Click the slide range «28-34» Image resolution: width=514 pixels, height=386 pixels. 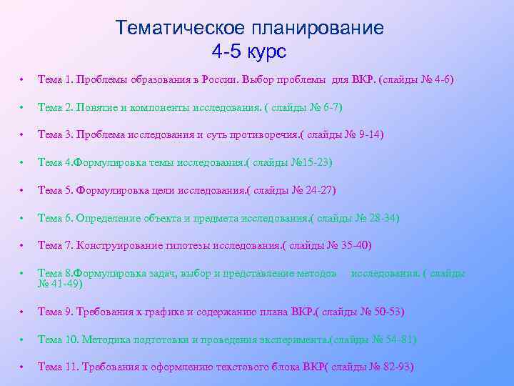[x=383, y=218]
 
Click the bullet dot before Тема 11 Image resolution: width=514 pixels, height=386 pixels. [x=24, y=367]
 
